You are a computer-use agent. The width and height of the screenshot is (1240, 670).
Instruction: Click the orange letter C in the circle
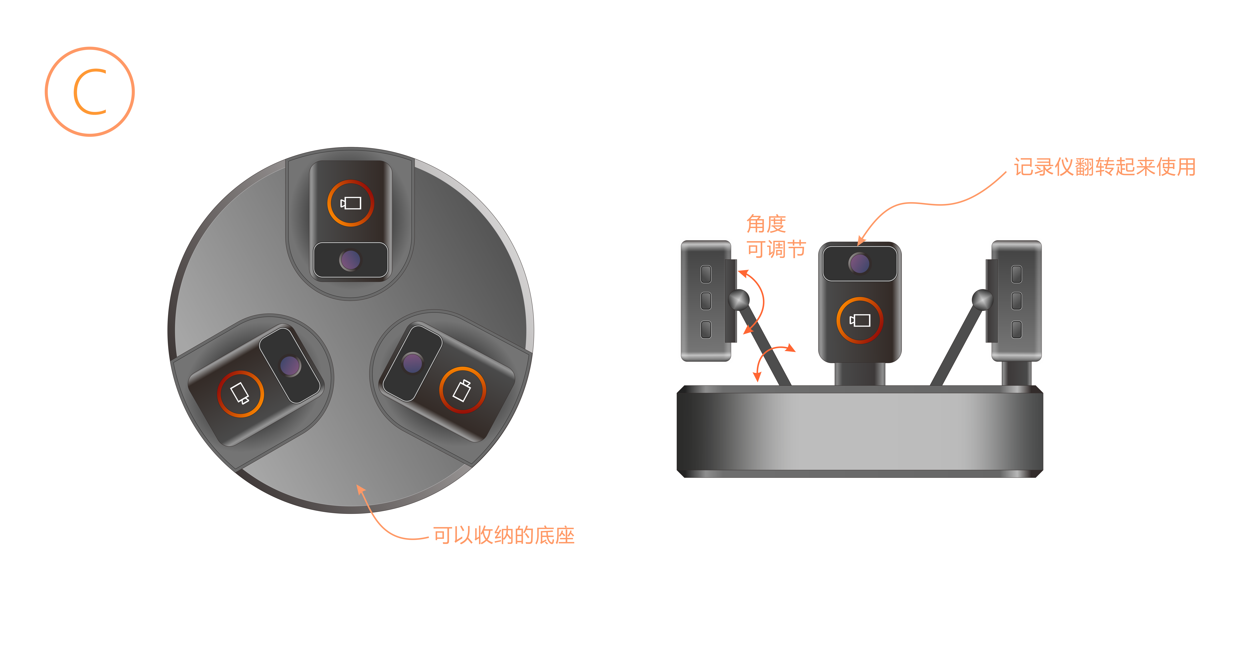point(90,92)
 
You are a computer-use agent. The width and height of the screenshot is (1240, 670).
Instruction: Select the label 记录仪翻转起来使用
point(1104,167)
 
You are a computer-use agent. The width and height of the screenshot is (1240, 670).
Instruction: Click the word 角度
point(766,224)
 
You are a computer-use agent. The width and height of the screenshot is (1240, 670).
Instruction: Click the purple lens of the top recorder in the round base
point(350,260)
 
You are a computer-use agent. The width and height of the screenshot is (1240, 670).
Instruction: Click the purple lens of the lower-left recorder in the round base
point(290,366)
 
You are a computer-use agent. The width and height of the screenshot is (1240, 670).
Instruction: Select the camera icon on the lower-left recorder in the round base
point(240,393)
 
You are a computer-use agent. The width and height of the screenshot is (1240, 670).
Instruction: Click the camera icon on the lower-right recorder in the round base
point(462,390)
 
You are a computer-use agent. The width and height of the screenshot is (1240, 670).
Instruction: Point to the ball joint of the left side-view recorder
point(739,300)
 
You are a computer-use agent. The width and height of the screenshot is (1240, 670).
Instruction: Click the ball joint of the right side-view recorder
point(982,300)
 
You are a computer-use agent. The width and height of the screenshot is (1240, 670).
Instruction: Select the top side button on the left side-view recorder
point(706,274)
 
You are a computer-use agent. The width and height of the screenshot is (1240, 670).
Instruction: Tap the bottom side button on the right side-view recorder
point(1017,330)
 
